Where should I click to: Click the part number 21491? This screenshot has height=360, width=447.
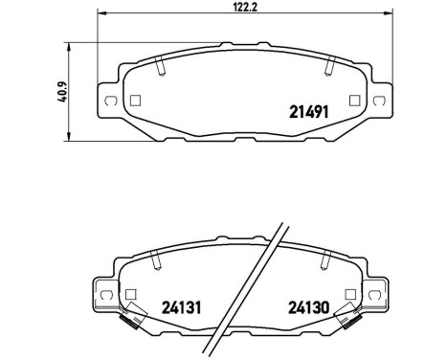[312, 110]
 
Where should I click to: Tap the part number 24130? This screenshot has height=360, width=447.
[309, 308]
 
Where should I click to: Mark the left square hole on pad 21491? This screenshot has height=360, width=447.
[134, 99]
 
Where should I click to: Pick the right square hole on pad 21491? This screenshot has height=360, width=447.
[355, 99]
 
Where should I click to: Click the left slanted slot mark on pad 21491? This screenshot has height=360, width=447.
[159, 64]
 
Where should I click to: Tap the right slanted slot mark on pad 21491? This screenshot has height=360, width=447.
[330, 64]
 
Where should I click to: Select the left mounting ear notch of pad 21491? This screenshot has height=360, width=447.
[110, 101]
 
